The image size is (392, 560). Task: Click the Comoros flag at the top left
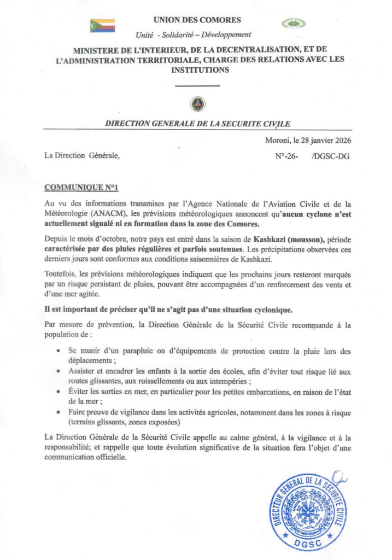tap(103, 26)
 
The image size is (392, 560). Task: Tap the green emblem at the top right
tap(294, 24)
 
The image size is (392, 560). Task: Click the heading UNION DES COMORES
tap(197, 20)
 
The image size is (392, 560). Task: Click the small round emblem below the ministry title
tap(197, 103)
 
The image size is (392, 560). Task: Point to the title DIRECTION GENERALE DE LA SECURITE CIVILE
tap(198, 124)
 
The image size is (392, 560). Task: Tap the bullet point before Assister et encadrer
tap(58, 371)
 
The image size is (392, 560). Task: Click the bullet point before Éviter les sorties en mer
tap(58, 392)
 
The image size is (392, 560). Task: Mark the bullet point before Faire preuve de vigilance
tap(58, 412)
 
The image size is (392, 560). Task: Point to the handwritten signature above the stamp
tap(338, 479)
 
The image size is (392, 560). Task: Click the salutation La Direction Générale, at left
tap(81, 156)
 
